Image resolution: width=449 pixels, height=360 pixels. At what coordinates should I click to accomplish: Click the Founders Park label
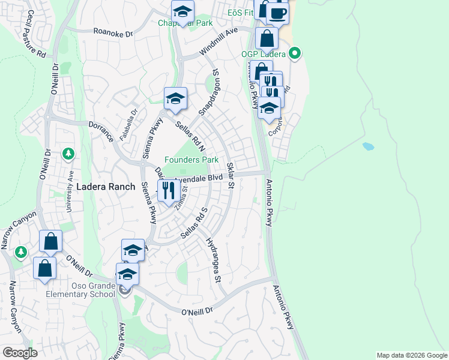point(192,160)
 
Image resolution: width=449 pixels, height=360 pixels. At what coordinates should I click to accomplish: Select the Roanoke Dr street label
point(113,34)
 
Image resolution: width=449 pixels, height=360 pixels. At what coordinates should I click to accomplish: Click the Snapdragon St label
point(210,94)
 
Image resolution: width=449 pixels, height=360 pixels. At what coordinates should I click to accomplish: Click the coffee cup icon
point(277,13)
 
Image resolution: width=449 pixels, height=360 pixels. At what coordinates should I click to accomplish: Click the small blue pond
point(368,146)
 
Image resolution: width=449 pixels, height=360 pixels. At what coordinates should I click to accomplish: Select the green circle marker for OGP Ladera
point(294,54)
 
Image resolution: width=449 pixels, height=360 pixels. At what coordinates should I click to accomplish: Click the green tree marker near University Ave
point(68,154)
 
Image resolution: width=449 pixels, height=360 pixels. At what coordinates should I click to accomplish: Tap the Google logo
point(20,352)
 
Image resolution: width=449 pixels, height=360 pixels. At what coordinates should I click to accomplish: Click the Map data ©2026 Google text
point(412,355)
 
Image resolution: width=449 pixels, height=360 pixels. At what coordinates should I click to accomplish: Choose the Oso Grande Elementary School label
point(80,290)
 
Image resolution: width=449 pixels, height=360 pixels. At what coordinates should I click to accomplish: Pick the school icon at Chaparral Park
point(182,10)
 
